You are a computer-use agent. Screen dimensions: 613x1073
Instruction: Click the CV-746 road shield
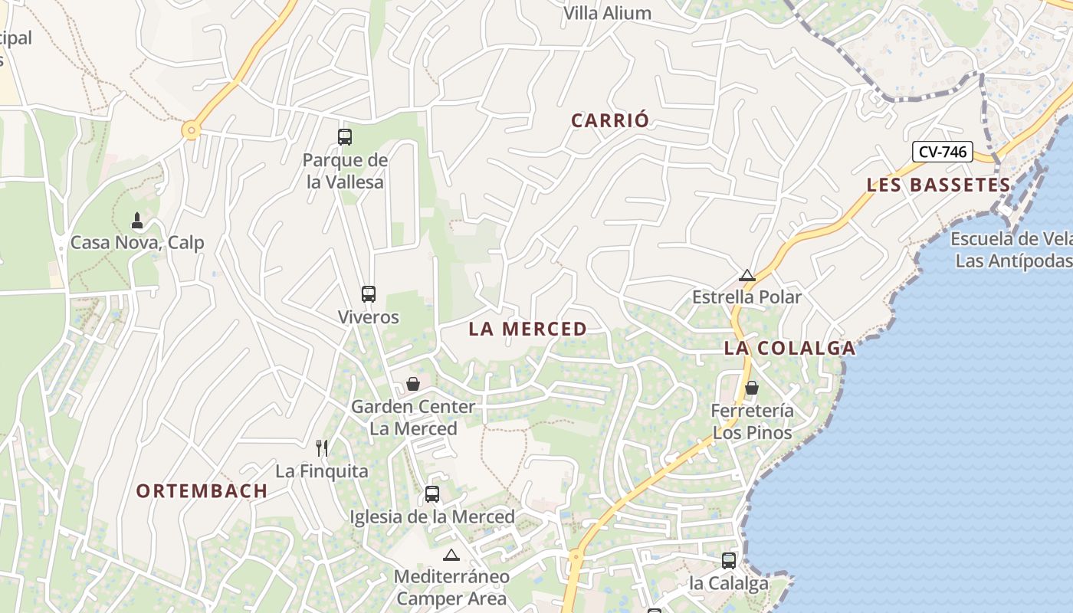pyautogui.click(x=942, y=152)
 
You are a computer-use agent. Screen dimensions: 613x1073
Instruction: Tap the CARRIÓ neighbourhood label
pyautogui.click(x=610, y=120)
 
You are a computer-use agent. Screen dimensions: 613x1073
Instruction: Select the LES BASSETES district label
pyautogui.click(x=938, y=185)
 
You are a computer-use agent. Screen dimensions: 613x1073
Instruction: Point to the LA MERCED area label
pyautogui.click(x=527, y=329)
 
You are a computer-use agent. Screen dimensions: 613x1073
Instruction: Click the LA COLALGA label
pyautogui.click(x=789, y=348)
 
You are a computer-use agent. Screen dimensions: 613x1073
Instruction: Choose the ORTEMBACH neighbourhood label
pyautogui.click(x=202, y=491)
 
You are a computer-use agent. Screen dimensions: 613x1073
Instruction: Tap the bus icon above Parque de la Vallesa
pyautogui.click(x=345, y=137)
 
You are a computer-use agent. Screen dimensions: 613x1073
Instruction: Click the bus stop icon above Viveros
pyautogui.click(x=369, y=294)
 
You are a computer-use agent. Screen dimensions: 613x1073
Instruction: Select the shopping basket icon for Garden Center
pyautogui.click(x=413, y=384)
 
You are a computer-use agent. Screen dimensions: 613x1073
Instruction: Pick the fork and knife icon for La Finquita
pyautogui.click(x=322, y=448)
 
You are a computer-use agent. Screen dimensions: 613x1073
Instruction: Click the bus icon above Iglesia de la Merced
pyautogui.click(x=432, y=494)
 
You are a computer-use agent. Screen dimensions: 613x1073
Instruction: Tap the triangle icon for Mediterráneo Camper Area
pyautogui.click(x=451, y=555)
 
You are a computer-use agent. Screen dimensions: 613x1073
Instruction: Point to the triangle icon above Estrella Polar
pyautogui.click(x=747, y=275)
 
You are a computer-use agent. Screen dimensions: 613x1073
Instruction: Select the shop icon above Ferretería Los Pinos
pyautogui.click(x=752, y=388)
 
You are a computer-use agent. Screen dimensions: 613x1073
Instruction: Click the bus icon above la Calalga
pyautogui.click(x=729, y=561)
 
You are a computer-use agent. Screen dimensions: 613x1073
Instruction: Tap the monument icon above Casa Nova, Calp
pyautogui.click(x=137, y=221)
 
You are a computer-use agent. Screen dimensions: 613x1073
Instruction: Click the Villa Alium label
pyautogui.click(x=607, y=13)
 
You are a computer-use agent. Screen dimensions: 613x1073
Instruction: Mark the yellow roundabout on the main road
pyautogui.click(x=191, y=131)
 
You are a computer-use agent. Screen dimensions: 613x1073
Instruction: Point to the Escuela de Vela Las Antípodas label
pyautogui.click(x=1011, y=250)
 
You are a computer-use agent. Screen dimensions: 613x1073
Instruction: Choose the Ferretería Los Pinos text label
pyautogui.click(x=752, y=421)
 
